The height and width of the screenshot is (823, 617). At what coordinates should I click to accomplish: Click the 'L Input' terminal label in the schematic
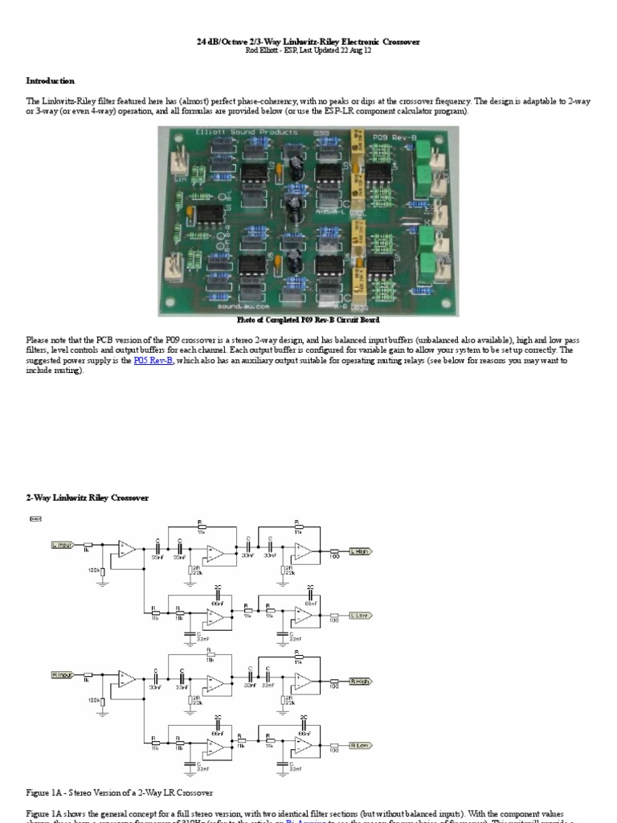(x=62, y=544)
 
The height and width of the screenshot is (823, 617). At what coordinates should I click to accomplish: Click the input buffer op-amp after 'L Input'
(x=126, y=548)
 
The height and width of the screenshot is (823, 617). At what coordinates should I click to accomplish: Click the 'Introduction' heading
(x=51, y=80)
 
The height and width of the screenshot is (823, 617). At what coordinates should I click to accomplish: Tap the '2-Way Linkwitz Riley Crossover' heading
(x=88, y=497)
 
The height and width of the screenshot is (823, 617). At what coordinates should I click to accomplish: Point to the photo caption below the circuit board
(x=308, y=320)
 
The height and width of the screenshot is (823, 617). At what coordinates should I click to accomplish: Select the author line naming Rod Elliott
(x=308, y=50)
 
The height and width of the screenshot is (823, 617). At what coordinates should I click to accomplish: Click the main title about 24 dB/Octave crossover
(x=308, y=40)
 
